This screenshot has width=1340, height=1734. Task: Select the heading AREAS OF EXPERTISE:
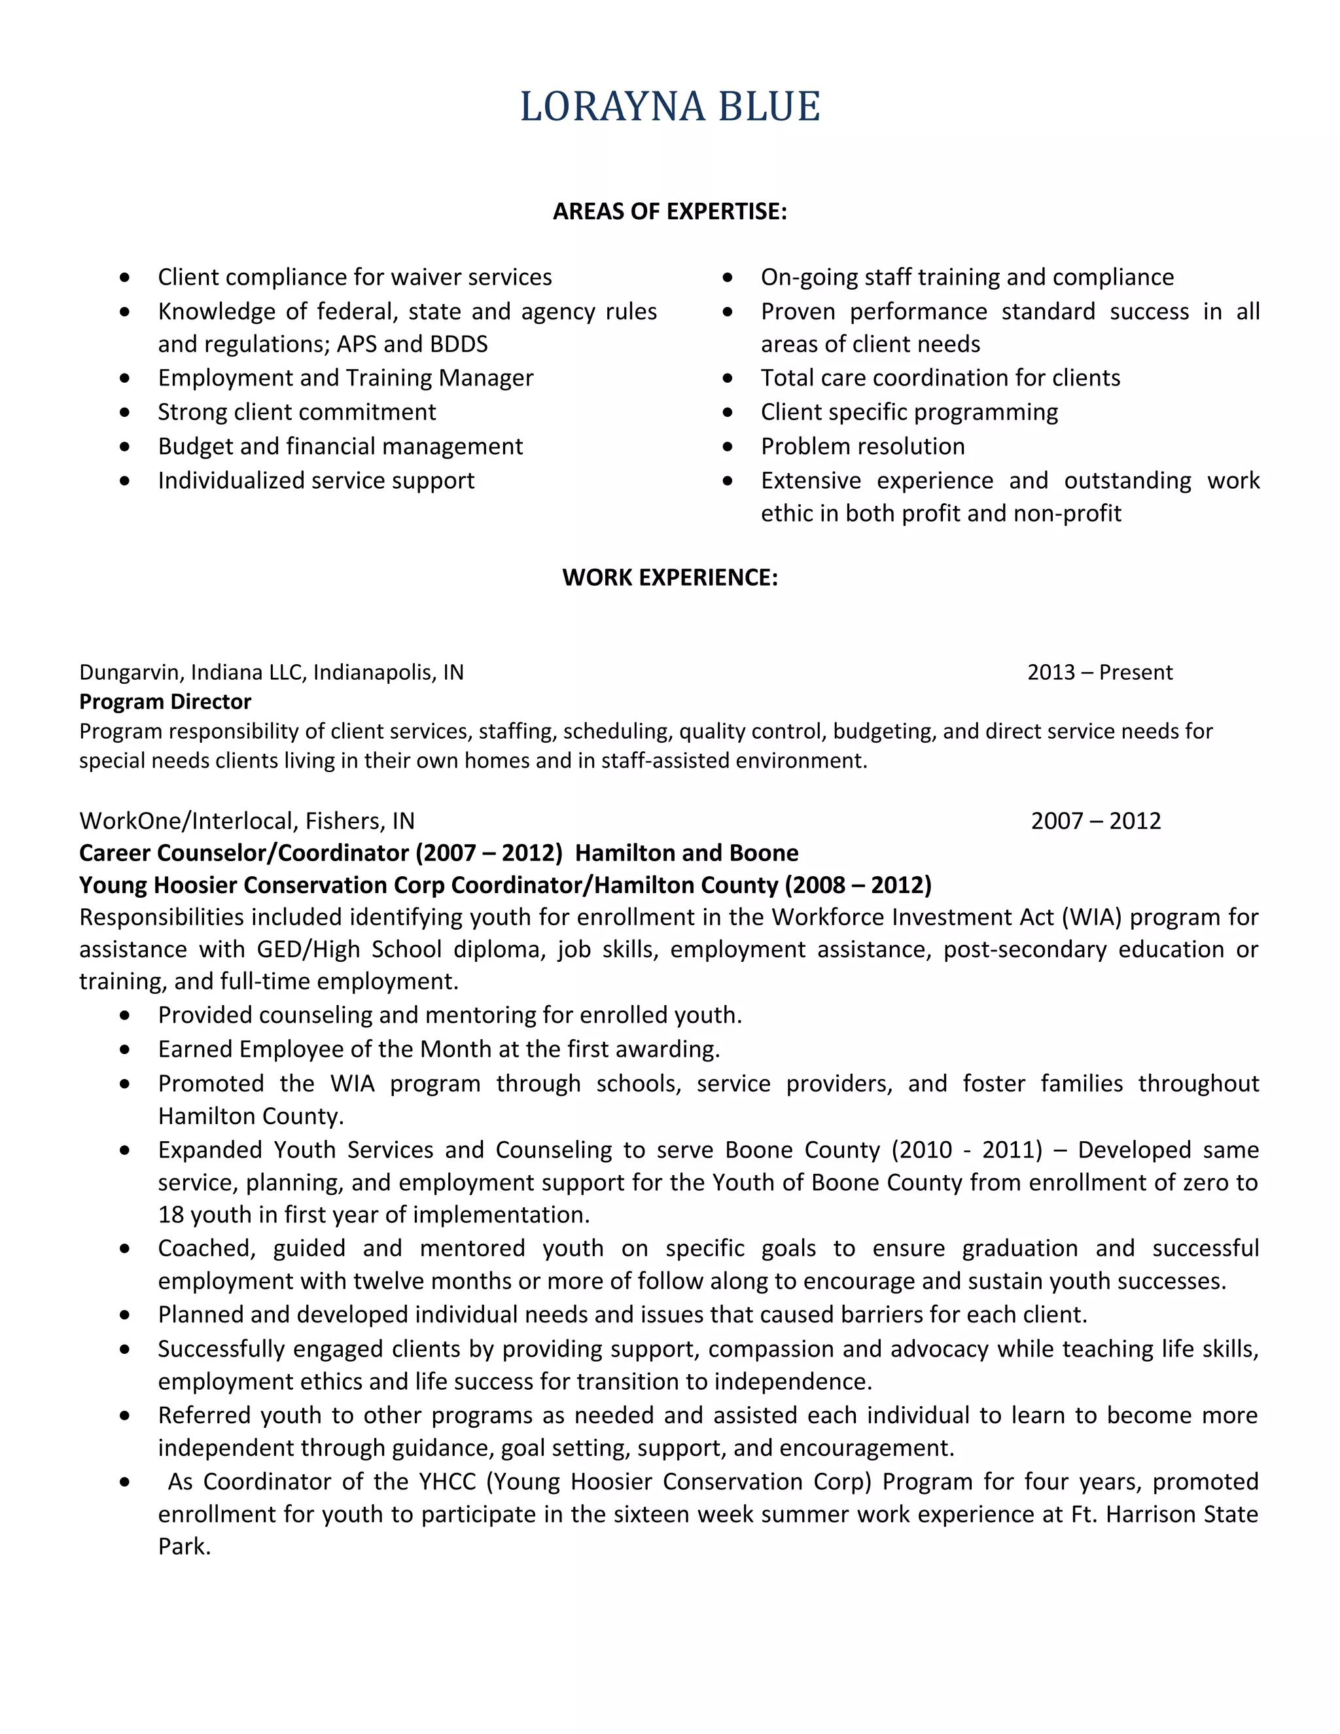(669, 211)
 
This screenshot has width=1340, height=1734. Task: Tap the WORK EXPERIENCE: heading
(669, 577)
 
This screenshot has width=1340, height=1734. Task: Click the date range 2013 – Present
(1099, 673)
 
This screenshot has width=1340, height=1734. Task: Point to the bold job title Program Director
(165, 702)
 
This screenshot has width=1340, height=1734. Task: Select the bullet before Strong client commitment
(124, 412)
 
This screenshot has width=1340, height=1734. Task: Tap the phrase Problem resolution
(862, 446)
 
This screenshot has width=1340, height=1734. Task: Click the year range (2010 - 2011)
(966, 1150)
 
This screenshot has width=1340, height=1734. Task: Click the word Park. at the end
(184, 1547)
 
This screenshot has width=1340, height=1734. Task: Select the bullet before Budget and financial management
(124, 446)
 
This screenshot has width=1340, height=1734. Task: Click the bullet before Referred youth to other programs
(124, 1415)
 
